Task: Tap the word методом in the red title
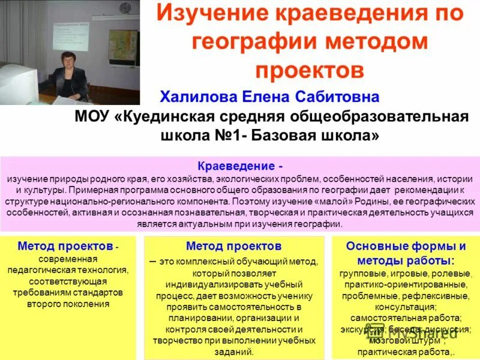tap(373, 43)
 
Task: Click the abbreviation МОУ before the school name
tap(92, 116)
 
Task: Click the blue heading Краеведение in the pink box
tap(236, 166)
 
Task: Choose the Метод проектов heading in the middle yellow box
tap(233, 246)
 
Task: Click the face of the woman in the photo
tap(67, 61)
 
